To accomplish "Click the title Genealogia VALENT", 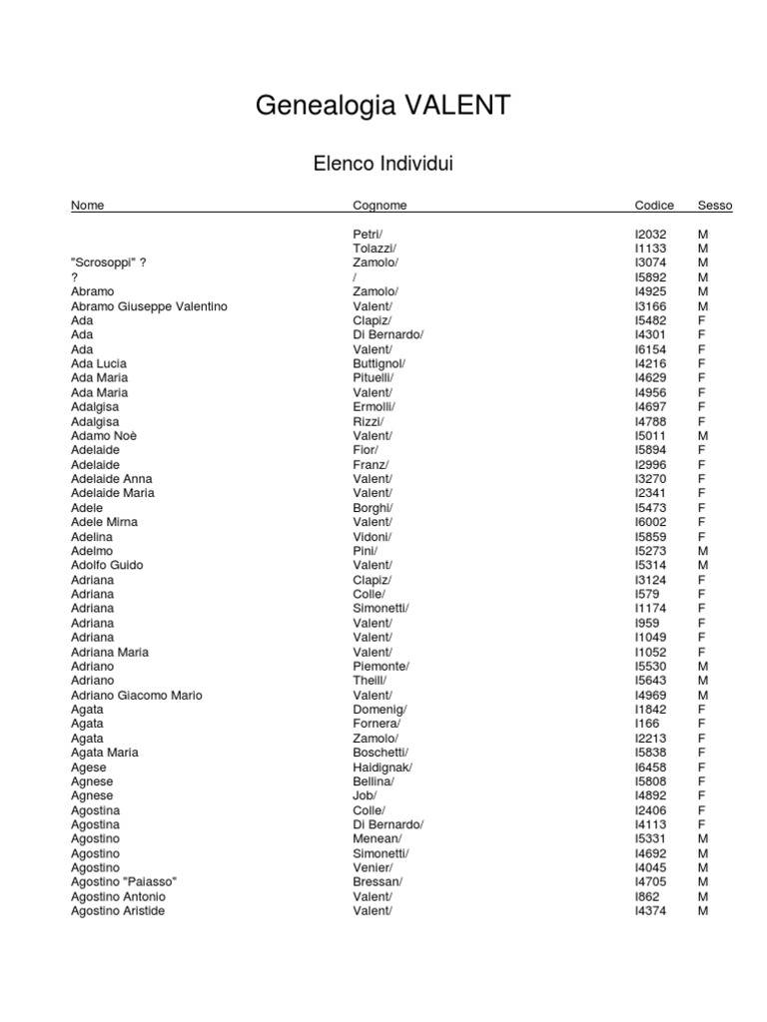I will (383, 106).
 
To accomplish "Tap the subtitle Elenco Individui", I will (383, 164).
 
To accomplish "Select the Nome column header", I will (87, 206).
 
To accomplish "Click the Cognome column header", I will (380, 206).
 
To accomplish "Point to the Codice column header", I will (654, 206).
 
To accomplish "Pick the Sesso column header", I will (715, 206).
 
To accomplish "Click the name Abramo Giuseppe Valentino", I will (149, 306).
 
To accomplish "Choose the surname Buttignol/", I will (379, 364).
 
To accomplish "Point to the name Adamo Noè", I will (104, 436).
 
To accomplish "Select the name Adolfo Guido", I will (107, 565).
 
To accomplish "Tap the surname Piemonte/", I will (381, 666).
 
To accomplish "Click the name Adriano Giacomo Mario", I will (136, 695).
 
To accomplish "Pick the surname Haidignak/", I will (382, 766).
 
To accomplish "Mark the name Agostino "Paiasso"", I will (124, 882).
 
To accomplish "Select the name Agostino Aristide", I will (118, 911).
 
